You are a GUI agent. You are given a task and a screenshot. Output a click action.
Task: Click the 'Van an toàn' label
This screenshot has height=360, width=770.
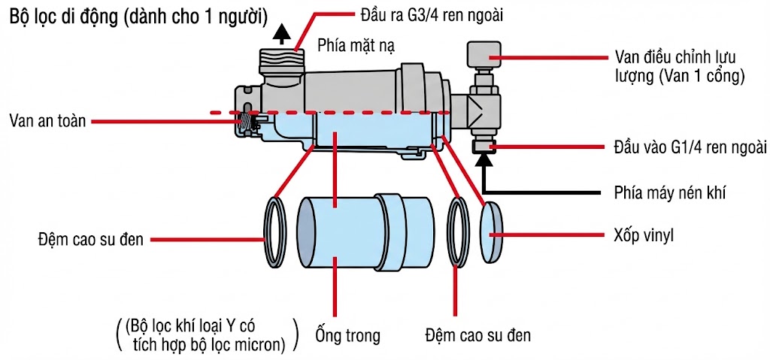[47, 119]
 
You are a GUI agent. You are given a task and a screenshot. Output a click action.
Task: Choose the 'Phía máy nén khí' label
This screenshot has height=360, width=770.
[663, 192]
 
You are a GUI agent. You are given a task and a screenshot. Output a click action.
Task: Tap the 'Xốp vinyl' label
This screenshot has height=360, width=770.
[641, 235]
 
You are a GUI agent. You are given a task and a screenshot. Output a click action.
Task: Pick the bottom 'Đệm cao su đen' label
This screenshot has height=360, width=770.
[477, 334]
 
